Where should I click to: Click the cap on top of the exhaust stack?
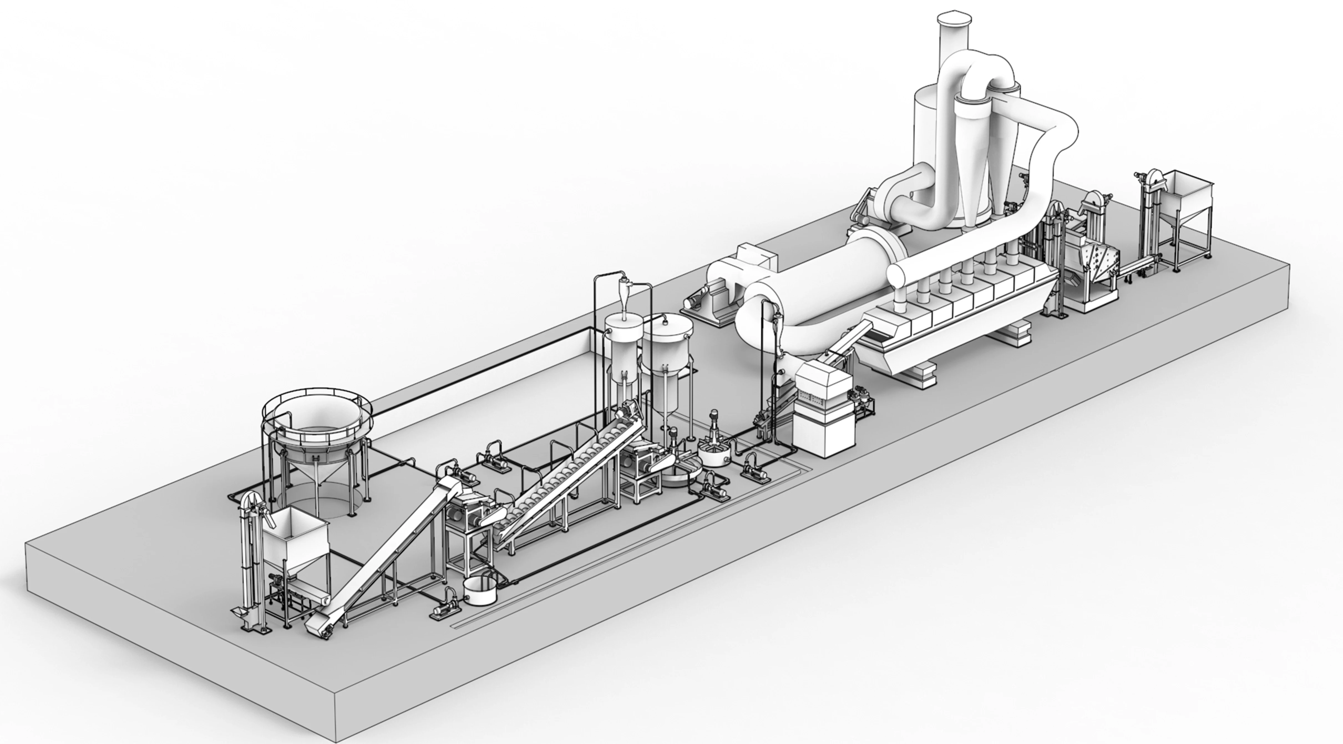(x=954, y=20)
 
